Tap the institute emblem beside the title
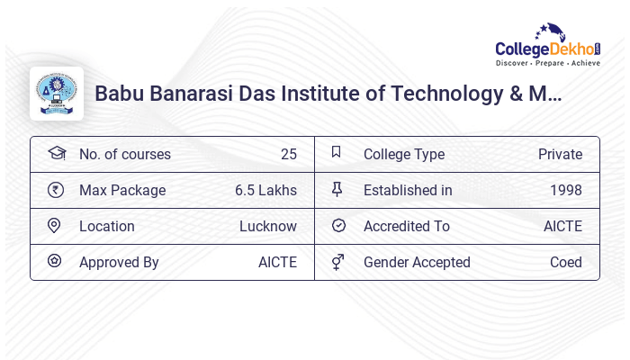tap(57, 94)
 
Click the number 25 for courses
tap(288, 154)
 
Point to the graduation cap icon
tap(56, 153)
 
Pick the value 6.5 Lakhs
tap(265, 190)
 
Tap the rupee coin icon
tap(55, 190)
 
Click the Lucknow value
tap(268, 226)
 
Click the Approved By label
tap(119, 262)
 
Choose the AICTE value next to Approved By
tap(277, 262)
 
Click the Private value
tap(560, 154)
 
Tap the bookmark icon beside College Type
tap(337, 152)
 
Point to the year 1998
tap(566, 190)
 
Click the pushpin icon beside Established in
tap(337, 189)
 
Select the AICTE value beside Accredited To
tap(562, 226)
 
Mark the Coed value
tap(566, 262)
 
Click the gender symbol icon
tap(337, 262)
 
